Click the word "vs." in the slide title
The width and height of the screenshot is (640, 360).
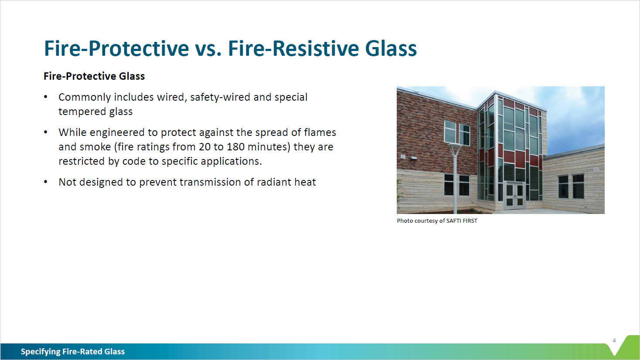208,48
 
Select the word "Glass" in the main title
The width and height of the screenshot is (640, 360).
391,48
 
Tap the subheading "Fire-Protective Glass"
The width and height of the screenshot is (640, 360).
94,76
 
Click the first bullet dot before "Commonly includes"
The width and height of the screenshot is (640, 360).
46,97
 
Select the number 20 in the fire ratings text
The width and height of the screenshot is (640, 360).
204,147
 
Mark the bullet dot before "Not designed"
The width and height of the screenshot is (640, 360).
46,182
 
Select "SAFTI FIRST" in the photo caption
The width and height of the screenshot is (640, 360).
462,221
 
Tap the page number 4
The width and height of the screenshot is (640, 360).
614,341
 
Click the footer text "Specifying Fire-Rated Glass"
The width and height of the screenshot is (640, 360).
73,352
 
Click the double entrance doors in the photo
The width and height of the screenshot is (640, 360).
514,196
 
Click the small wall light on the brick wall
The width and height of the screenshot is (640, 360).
403,156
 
